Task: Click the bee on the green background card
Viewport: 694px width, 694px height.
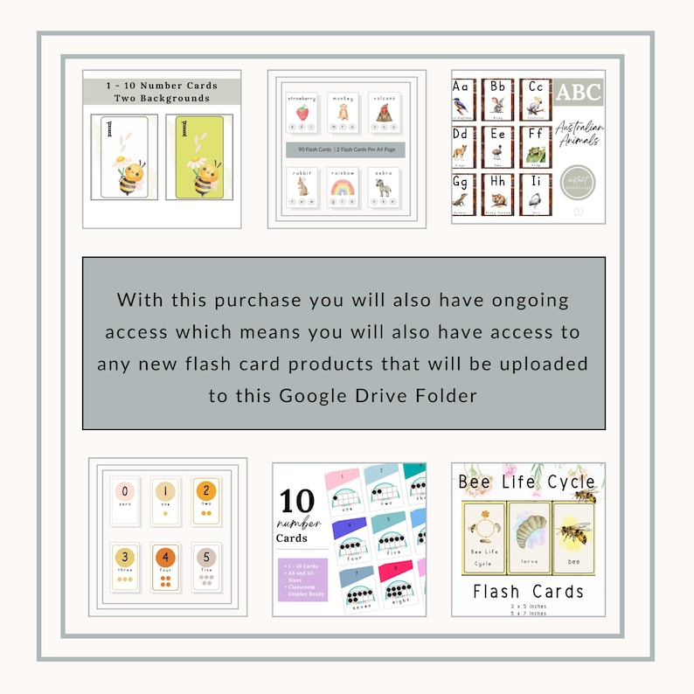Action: [206, 175]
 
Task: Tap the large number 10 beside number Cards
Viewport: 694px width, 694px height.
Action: [297, 502]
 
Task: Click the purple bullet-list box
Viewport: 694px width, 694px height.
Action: [302, 579]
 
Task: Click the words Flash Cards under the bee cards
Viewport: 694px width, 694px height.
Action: [528, 592]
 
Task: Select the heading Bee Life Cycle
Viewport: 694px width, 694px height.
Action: [527, 482]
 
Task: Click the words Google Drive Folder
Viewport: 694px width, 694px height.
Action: [378, 395]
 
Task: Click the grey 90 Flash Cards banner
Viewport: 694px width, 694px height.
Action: [346, 149]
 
